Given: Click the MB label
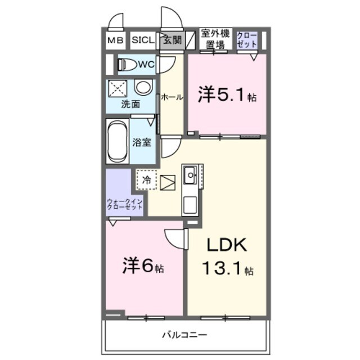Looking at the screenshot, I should (115, 40).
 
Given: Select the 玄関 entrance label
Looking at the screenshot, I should (172, 40).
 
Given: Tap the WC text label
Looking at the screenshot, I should (146, 64).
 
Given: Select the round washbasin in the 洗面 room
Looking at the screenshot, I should (143, 88).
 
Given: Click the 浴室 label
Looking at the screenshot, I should (142, 142).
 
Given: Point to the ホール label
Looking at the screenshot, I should (172, 97).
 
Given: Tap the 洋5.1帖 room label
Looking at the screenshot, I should (227, 96).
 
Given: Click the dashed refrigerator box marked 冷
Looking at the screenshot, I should (146, 181).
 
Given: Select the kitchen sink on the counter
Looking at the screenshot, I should (190, 174).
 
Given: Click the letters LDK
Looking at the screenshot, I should (225, 246).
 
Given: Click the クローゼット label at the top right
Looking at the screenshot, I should (247, 40).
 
